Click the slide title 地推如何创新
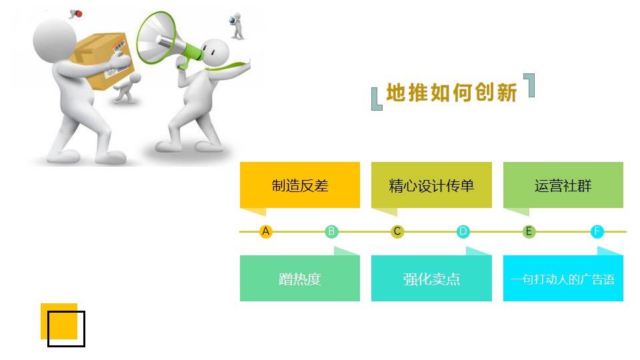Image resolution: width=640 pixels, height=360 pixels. coord(451,92)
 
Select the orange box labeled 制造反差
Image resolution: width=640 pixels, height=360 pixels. coord(299,185)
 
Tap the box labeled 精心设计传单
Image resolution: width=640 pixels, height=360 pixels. coord(431,185)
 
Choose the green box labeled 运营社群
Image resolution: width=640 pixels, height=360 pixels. coord(563,185)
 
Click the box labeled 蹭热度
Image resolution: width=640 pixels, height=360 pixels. coord(299,279)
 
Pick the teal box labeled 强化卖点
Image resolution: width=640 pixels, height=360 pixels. coord(431,279)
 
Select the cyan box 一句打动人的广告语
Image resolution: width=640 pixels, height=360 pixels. coord(563,279)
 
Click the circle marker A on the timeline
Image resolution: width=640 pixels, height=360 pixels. coord(266,231)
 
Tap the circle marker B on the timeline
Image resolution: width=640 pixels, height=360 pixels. coord(331,231)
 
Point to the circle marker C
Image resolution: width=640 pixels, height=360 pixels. coord(397,231)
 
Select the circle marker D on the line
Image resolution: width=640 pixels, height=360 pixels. coord(463,231)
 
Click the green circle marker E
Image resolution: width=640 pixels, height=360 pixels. coord(529,231)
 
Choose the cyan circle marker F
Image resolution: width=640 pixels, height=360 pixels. coord(597,231)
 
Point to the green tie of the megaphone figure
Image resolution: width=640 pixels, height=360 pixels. coord(229,65)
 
